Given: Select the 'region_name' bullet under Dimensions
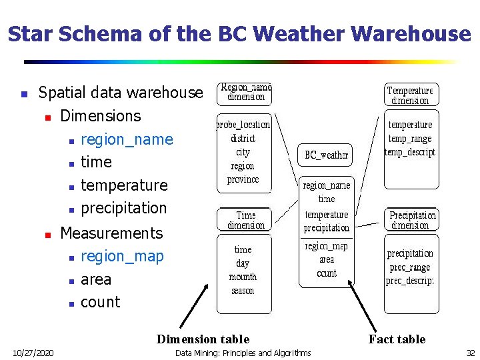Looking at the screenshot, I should coord(127,139).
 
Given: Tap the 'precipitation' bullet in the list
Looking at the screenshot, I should coord(123,207).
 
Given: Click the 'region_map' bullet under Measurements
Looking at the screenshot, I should coord(122,256).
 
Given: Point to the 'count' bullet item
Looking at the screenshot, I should coord(100,302).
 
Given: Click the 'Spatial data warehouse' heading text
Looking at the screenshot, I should coord(121,93).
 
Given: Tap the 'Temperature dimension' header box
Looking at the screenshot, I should coord(410,95).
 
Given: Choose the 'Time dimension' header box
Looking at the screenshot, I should coord(245,220).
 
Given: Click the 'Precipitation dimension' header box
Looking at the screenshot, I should coord(413,220).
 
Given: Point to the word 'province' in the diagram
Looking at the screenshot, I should coord(243,179).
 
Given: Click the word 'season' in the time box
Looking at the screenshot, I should coord(243,291).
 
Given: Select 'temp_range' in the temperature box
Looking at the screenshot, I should coord(410,139).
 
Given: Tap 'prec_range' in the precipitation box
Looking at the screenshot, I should coord(410,267).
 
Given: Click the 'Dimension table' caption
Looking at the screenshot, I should coord(203,339).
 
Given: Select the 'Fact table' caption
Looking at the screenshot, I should coord(397,339).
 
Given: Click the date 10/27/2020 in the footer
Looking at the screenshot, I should coord(34,353).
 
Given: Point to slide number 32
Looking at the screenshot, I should coord(471,353).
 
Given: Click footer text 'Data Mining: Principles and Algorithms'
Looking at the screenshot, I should coord(243,353).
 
